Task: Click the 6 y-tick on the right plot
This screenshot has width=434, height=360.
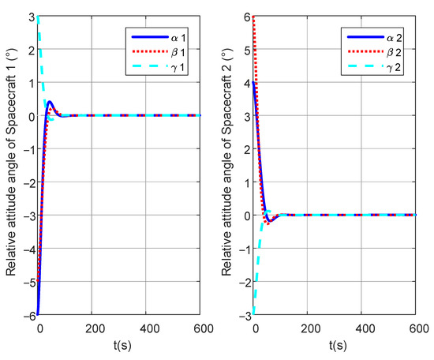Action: tap(248, 17)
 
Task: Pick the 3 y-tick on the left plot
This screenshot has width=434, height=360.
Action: tap(31, 17)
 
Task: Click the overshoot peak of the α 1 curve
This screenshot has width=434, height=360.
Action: tap(49, 101)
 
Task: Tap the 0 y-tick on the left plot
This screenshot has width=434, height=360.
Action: tap(31, 116)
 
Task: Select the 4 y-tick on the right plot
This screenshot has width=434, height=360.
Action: tap(248, 83)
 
